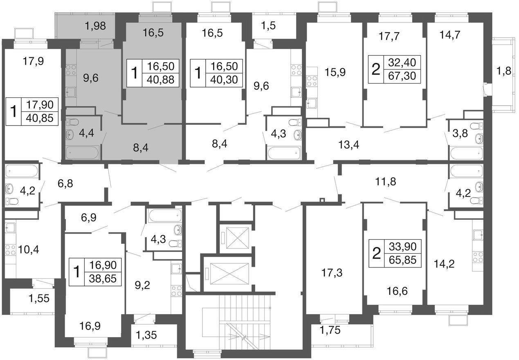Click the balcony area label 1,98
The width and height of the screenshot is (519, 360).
[95, 26]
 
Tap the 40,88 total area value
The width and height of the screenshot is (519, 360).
[160, 80]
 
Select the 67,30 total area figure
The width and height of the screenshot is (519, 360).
[402, 76]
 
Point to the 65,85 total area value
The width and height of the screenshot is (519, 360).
[403, 260]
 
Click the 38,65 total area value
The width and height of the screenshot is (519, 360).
[103, 279]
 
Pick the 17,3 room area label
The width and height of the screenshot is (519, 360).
[332, 273]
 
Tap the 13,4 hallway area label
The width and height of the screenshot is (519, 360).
[349, 145]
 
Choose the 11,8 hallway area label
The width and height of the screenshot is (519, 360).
[386, 182]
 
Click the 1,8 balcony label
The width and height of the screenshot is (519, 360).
[503, 71]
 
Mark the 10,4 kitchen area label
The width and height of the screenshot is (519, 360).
[29, 250]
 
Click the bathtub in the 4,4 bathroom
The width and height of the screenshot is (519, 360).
[83, 153]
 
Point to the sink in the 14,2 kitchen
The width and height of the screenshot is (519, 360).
[478, 235]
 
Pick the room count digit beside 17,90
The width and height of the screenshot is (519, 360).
[14, 112]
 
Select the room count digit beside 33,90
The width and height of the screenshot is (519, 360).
[376, 253]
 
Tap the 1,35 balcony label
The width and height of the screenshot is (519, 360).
[146, 335]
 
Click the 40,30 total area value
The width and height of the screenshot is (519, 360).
[224, 80]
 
